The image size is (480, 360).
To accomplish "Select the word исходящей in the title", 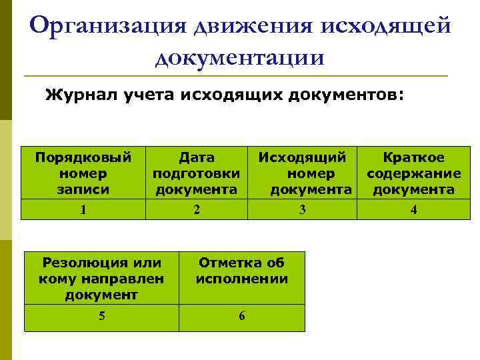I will coord(387,26).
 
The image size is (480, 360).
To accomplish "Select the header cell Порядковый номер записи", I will coord(83,173).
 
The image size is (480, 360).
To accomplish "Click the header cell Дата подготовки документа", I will coord(197,173).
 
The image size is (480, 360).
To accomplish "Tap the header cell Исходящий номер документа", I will coord(303,173).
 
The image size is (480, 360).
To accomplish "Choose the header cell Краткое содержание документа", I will coord(413,173).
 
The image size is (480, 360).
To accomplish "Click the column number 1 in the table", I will coord(83,209).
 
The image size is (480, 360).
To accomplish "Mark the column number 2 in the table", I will coord(197,209).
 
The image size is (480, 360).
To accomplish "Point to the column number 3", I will coord(303,209).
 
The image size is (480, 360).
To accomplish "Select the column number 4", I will coord(413,210).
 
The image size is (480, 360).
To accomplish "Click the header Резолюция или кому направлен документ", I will coord(101,279).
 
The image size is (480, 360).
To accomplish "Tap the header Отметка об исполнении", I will coord(242,271).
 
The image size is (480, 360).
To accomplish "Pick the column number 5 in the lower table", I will coord(101,316).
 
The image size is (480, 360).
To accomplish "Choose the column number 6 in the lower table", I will coord(242,316).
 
